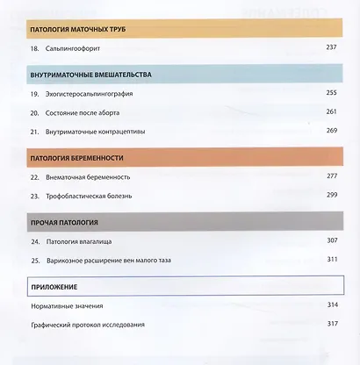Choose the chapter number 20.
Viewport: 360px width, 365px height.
pyautogui.click(x=33, y=113)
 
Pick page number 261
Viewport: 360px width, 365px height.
pyautogui.click(x=331, y=113)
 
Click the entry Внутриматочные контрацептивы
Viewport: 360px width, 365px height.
pyautogui.click(x=102, y=132)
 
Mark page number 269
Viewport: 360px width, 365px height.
pyautogui.click(x=331, y=132)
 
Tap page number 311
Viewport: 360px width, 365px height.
pyautogui.click(x=331, y=260)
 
